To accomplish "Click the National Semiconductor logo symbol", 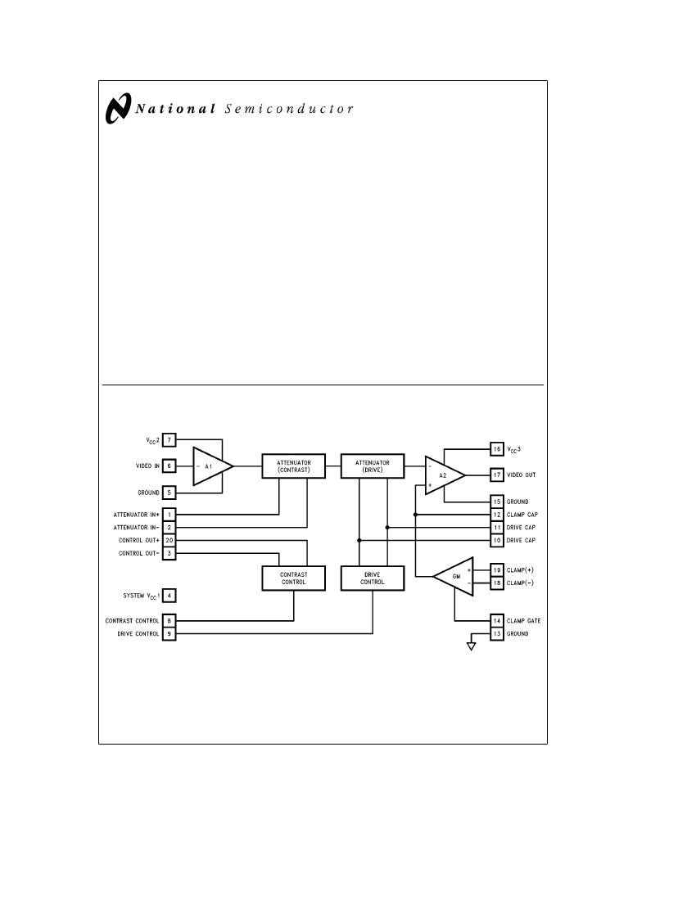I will pyautogui.click(x=119, y=109).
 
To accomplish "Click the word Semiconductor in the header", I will pyautogui.click(x=288, y=109).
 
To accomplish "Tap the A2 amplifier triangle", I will pyautogui.click(x=443, y=475).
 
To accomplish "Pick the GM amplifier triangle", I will pyautogui.click(x=450, y=576).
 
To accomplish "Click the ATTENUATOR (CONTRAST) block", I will pyautogui.click(x=293, y=466).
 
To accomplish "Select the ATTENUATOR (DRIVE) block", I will pyautogui.click(x=373, y=466).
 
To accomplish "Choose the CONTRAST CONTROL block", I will pyautogui.click(x=293, y=578).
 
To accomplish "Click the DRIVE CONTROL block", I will pyautogui.click(x=373, y=578).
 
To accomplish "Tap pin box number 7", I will pyautogui.click(x=169, y=440).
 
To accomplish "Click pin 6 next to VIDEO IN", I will pyautogui.click(x=169, y=466).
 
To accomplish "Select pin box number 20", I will pyautogui.click(x=169, y=540).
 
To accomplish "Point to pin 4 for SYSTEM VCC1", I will pyautogui.click(x=169, y=595).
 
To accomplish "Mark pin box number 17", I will pyautogui.click(x=496, y=475).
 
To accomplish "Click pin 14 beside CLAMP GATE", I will pyautogui.click(x=496, y=620).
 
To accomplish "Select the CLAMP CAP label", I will pyautogui.click(x=522, y=515).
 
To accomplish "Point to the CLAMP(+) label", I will pyautogui.click(x=522, y=569).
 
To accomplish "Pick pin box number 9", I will pyautogui.click(x=169, y=633).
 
